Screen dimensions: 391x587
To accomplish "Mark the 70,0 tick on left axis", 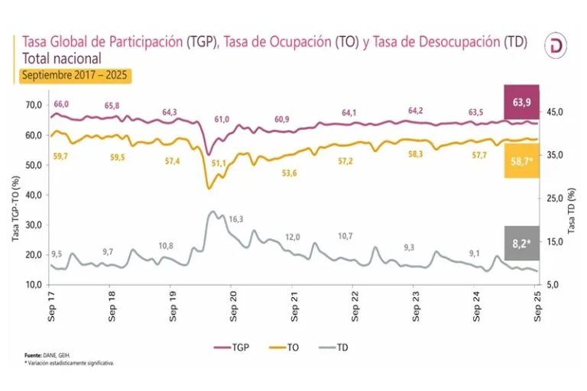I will click(34, 105).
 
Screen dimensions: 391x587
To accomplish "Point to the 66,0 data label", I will click(61, 104).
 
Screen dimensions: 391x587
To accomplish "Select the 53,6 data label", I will click(289, 173).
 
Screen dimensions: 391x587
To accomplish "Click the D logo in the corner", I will click(555, 47).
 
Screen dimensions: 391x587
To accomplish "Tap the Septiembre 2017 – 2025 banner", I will click(76, 76).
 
